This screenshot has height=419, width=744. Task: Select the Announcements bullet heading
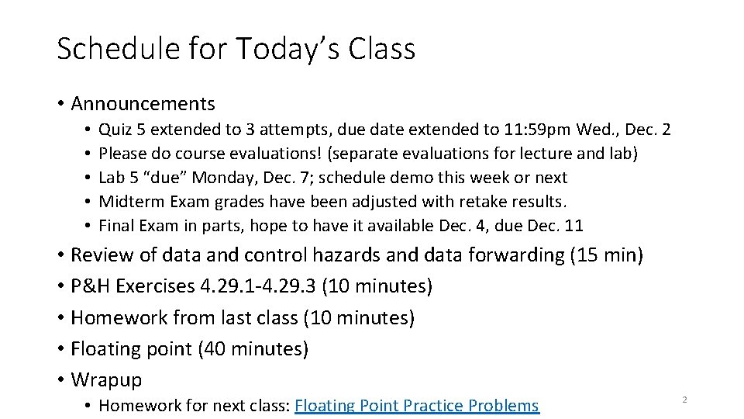coord(143,103)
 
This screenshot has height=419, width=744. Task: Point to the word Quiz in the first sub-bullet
coord(115,129)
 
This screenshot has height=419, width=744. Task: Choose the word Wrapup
coord(106,379)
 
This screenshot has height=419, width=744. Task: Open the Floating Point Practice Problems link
coord(417,405)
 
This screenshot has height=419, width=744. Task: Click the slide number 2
coord(684,399)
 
